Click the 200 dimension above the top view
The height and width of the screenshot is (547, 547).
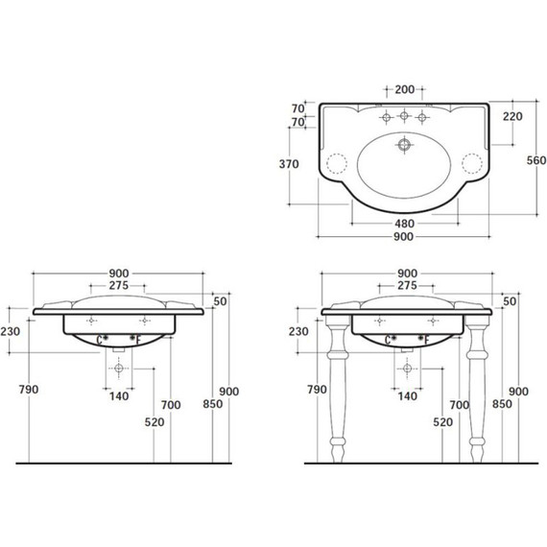click(x=405, y=89)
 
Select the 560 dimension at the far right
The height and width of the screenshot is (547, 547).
click(x=536, y=160)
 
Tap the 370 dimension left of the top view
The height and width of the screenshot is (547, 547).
click(x=289, y=164)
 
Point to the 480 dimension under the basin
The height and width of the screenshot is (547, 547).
click(x=404, y=224)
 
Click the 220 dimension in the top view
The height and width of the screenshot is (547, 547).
click(x=512, y=116)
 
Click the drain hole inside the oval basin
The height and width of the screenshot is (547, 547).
click(x=404, y=144)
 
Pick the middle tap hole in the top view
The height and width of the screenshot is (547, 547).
click(x=404, y=115)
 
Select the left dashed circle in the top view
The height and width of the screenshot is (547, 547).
click(x=337, y=163)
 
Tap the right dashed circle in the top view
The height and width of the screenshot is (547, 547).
click(x=472, y=163)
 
